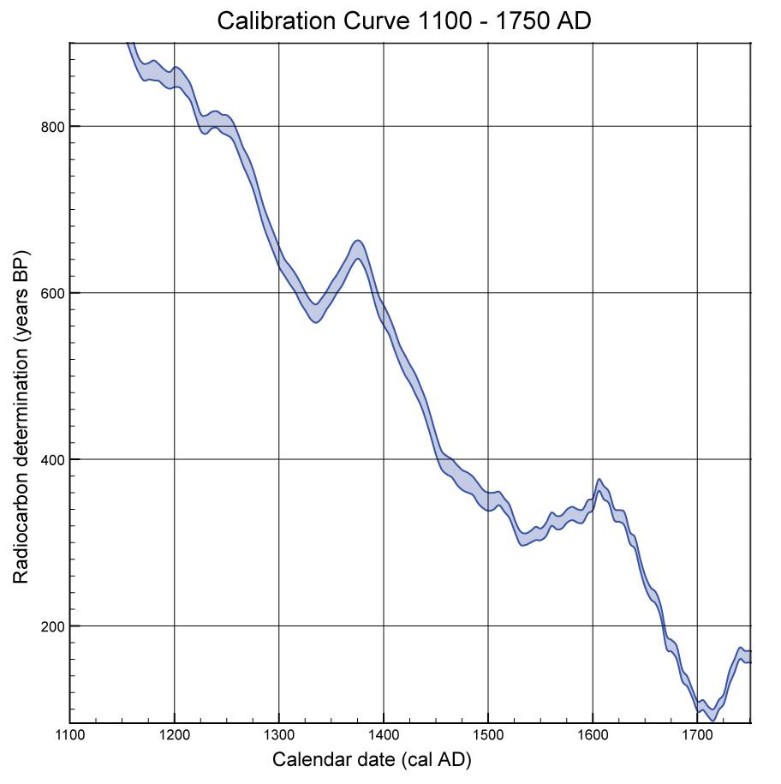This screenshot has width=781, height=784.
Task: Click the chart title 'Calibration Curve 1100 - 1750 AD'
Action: pyautogui.click(x=403, y=20)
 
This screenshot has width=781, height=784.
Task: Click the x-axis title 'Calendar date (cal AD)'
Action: pyautogui.click(x=372, y=760)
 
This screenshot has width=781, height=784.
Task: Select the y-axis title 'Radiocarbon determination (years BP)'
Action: pyautogui.click(x=21, y=417)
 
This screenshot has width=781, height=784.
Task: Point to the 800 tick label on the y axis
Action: pyautogui.click(x=54, y=127)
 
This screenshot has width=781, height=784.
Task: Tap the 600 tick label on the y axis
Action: pyautogui.click(x=54, y=293)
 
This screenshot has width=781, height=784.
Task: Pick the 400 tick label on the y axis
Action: pyautogui.click(x=54, y=459)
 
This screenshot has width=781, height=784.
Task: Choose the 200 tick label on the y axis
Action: pyautogui.click(x=54, y=625)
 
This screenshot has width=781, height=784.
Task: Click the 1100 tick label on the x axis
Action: pyautogui.click(x=70, y=735)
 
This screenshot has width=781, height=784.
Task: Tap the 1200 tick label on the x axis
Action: pyautogui.click(x=175, y=735)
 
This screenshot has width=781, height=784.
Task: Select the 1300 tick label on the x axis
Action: pyautogui.click(x=279, y=735)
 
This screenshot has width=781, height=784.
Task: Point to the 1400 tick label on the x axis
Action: pyautogui.click(x=384, y=735)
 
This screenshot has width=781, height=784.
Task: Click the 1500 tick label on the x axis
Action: pyautogui.click(x=488, y=735)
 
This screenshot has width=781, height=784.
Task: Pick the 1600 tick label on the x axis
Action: pyautogui.click(x=593, y=735)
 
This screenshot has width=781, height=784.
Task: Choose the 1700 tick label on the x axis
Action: pyautogui.click(x=697, y=735)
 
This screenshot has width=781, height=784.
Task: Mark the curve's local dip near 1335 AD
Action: pyautogui.click(x=315, y=313)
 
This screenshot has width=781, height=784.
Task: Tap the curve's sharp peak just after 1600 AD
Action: pyautogui.click(x=599, y=486)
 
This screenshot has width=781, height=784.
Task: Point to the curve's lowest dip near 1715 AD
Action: pyautogui.click(x=712, y=715)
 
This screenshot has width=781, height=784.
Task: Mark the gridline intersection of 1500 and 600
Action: pyautogui.click(x=488, y=293)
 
